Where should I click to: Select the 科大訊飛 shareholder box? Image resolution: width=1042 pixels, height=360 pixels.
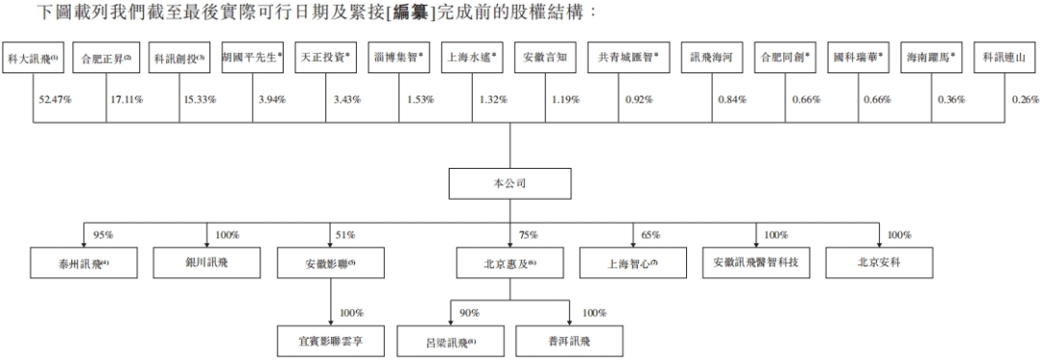click(34, 58)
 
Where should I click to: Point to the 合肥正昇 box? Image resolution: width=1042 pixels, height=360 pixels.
click(106, 58)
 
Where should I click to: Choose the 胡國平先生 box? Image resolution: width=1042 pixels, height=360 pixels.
click(252, 58)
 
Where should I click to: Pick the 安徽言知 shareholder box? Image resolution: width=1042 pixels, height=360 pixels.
click(545, 58)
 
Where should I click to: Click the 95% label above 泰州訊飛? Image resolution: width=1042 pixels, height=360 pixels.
click(103, 235)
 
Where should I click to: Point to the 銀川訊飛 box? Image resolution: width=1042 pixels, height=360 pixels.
click(206, 263)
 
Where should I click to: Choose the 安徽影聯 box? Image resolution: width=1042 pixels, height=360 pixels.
click(330, 263)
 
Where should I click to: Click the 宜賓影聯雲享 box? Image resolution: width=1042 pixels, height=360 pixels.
click(330, 341)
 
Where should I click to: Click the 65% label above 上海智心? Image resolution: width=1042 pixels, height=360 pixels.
click(652, 235)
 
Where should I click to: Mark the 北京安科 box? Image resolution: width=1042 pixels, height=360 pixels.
click(880, 263)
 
